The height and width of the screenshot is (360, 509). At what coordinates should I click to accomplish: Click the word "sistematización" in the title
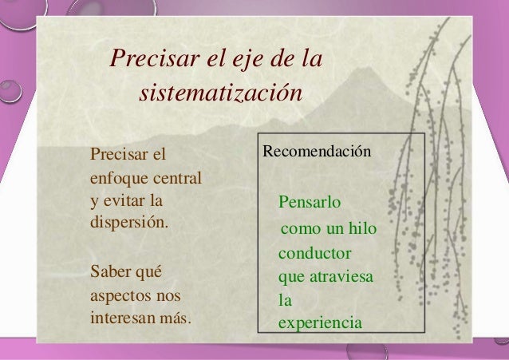(x=221, y=93)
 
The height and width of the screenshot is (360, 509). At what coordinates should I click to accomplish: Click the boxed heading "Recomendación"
(x=317, y=150)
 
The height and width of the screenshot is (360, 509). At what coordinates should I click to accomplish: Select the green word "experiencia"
(x=320, y=323)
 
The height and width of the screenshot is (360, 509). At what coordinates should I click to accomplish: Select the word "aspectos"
(x=121, y=296)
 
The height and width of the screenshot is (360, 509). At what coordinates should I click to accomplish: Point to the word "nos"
(x=169, y=296)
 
